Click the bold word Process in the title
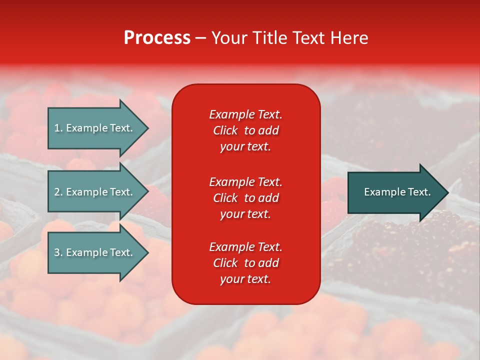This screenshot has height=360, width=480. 157,38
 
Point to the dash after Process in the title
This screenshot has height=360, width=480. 200,38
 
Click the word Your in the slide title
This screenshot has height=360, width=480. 229,38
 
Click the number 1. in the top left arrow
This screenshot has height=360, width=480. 58,128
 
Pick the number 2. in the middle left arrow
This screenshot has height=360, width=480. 58,192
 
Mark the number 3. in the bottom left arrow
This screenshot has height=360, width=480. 58,252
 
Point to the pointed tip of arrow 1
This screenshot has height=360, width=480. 146,128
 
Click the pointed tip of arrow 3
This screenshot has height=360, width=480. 146,252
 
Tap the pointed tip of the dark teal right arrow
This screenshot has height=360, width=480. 446,192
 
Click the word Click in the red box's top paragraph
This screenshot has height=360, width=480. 225,130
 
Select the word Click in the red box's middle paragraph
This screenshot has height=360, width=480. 225,198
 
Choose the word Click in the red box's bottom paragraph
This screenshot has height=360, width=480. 225,263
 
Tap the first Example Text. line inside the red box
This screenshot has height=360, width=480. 245,114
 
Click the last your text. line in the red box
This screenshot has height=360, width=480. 245,279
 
